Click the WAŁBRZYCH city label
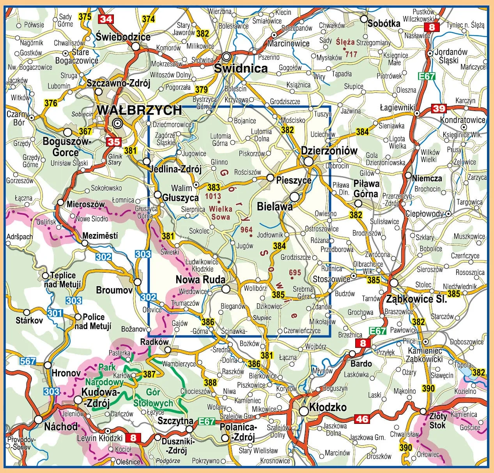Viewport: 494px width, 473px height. [x=139, y=110]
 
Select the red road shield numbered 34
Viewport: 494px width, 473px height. [x=105, y=19]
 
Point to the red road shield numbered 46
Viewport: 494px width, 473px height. [x=362, y=419]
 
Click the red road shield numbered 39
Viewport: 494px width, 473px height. [x=439, y=108]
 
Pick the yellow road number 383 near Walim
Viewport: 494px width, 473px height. [x=213, y=188]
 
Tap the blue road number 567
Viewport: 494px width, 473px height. [x=28, y=361]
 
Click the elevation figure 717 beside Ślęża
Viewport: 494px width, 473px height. [x=351, y=54]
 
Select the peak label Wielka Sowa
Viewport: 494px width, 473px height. [x=220, y=213]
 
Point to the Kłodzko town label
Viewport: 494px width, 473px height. [x=328, y=407]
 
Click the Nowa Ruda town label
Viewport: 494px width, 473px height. [x=200, y=280]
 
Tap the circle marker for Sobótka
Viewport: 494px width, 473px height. [x=364, y=19]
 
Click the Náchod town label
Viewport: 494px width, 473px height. [x=61, y=427]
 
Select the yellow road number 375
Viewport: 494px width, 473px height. [x=85, y=16]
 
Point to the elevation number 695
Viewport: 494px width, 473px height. [x=295, y=272]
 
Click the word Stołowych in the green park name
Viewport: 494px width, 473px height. [x=153, y=402]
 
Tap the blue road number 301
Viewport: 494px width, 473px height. [x=55, y=313]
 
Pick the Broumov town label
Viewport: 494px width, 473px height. [x=114, y=290]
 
